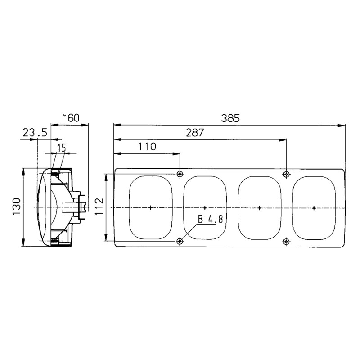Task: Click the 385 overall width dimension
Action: pos(230,119)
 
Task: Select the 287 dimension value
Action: pos(195,133)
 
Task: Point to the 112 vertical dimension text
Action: pos(100,207)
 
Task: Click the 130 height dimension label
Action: pos(16,207)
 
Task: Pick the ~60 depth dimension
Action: pos(71,118)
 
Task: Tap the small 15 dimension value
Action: pos(62,147)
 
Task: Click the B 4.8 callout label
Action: pos(210,220)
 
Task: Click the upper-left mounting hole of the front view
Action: pos(180,174)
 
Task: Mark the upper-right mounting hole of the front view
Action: pos(287,174)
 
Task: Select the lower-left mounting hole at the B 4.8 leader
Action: pos(180,242)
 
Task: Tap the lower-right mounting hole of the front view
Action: pos(287,242)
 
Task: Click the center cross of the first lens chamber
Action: pos(150,208)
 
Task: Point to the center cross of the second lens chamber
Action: pos(205,208)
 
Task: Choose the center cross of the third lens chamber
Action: pos(260,208)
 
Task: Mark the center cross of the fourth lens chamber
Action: pos(314,208)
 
